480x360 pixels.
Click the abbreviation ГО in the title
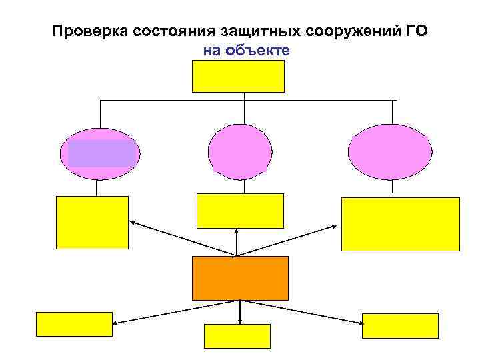click(416, 31)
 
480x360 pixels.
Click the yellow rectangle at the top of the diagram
click(238, 76)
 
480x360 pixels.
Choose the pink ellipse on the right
click(390, 153)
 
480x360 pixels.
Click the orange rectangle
click(240, 278)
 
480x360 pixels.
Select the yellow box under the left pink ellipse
click(92, 222)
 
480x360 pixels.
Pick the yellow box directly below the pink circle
click(240, 211)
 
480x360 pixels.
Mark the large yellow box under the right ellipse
click(400, 224)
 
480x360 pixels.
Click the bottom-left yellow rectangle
click(73, 324)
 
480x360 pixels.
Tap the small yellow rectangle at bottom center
click(237, 336)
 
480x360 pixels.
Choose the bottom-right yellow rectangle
click(400, 326)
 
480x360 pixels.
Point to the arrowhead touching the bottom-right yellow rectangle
click(360, 323)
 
